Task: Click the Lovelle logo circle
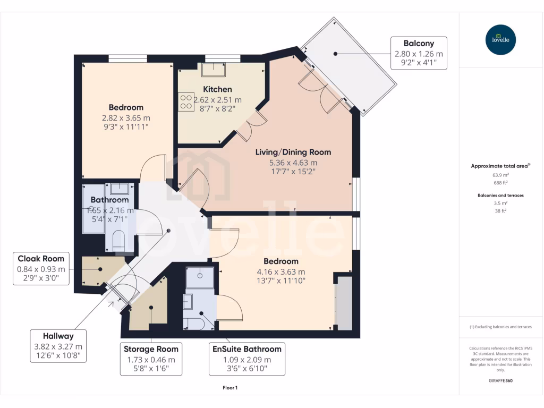click(x=500, y=40)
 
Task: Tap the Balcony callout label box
click(x=419, y=53)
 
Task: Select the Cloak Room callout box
click(x=41, y=269)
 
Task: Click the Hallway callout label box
click(x=59, y=346)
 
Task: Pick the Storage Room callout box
click(x=151, y=359)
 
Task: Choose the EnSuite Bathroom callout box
click(x=247, y=359)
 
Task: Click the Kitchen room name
click(x=217, y=89)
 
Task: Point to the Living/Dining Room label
click(x=293, y=152)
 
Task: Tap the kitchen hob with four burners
click(x=186, y=102)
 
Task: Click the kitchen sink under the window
click(x=214, y=69)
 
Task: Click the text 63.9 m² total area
click(x=500, y=174)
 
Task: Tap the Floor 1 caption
click(x=229, y=388)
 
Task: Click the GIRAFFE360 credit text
click(x=500, y=380)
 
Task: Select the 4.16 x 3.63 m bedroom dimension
click(x=281, y=271)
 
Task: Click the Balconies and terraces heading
click(x=500, y=195)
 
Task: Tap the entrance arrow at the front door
click(x=111, y=303)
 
